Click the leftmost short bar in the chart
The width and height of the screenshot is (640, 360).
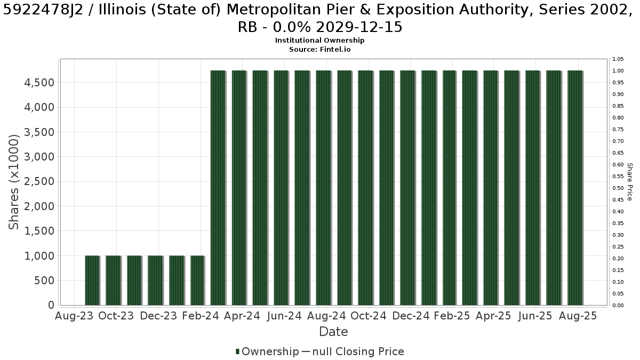(x=92, y=281)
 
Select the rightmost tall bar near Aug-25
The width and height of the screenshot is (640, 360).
(x=575, y=188)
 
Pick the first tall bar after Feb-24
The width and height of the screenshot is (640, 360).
(x=218, y=188)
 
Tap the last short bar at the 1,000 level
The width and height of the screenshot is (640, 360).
(x=197, y=281)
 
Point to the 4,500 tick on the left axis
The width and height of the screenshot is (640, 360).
(x=39, y=83)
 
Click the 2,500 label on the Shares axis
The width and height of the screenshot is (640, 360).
(x=39, y=181)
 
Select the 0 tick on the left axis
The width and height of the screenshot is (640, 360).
(x=51, y=305)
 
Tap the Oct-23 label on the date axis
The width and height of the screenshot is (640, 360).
(x=116, y=316)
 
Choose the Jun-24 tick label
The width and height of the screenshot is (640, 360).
(x=284, y=316)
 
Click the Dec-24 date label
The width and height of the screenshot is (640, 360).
(x=411, y=316)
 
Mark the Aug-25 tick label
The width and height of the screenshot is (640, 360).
(x=578, y=316)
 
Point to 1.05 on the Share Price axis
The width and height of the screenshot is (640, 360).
(x=618, y=59)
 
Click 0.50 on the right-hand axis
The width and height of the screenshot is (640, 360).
(x=618, y=188)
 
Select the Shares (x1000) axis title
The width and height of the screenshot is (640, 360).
(x=13, y=182)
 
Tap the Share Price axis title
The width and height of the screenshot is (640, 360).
(x=629, y=182)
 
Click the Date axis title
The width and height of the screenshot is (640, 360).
(x=333, y=332)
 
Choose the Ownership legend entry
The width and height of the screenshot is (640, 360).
(x=267, y=351)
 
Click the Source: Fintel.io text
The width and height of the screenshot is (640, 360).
(x=319, y=50)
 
